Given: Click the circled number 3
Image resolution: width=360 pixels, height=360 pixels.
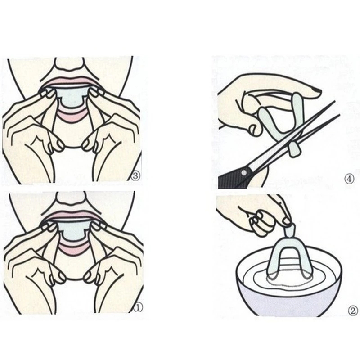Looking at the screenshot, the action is click(x=136, y=176).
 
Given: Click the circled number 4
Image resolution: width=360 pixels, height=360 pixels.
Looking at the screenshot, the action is click(x=349, y=179).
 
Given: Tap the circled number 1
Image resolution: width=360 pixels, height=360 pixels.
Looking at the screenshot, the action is click(x=138, y=307).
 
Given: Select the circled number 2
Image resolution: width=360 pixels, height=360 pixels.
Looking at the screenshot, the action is click(x=353, y=311).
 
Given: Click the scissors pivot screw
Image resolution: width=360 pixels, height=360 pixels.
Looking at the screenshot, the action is click(x=244, y=172).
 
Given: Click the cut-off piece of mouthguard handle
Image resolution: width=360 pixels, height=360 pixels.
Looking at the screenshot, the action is click(x=294, y=150).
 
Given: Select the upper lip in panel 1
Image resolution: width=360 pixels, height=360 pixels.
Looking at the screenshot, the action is click(x=72, y=214).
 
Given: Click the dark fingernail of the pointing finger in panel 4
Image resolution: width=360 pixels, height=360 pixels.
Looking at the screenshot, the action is click(x=317, y=91).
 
